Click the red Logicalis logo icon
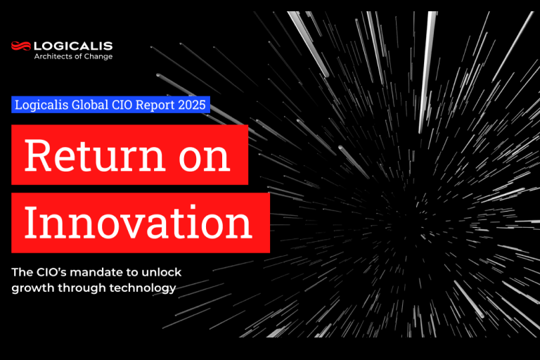click(21, 47)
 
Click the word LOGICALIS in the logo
click(73, 46)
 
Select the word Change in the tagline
click(99, 56)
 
